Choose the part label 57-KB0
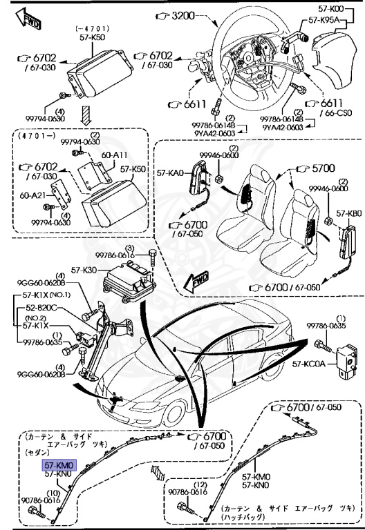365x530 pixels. tap(349, 214)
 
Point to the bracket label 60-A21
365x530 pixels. tap(32, 195)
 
